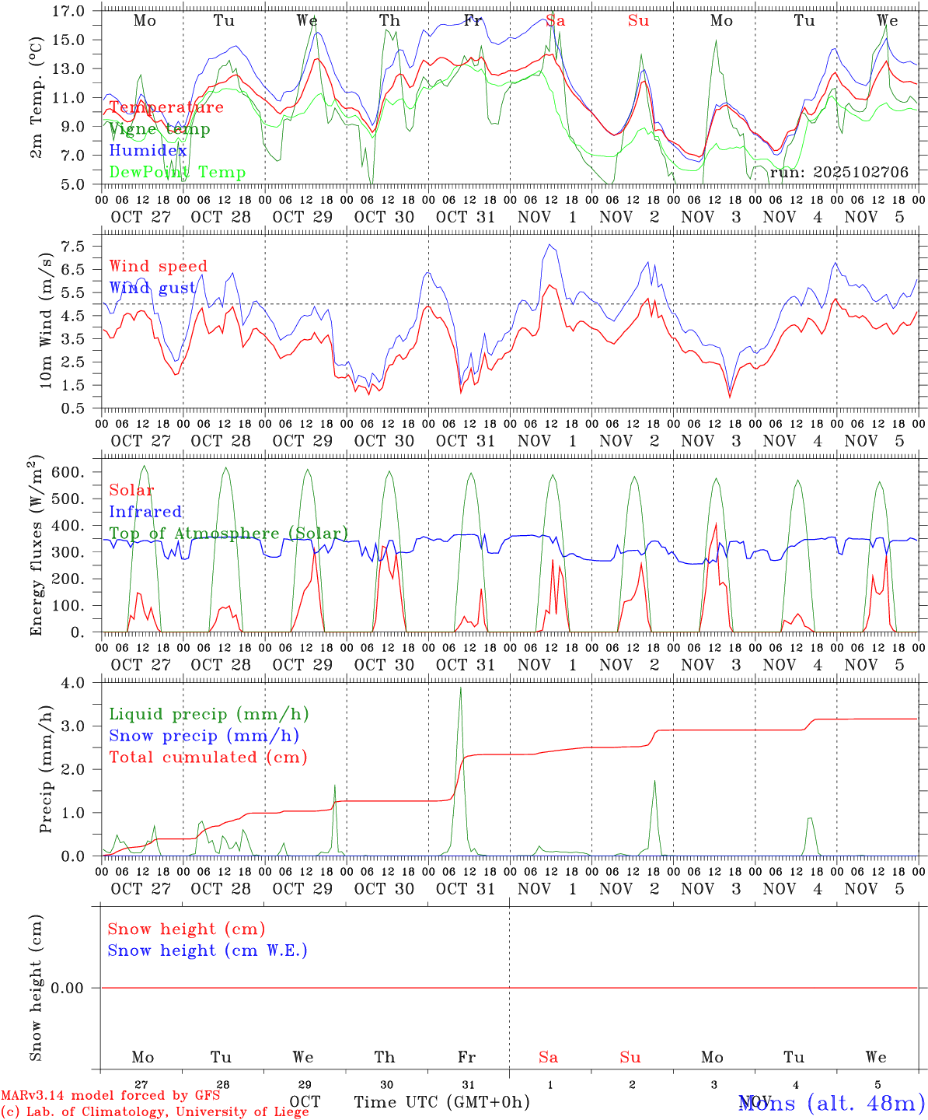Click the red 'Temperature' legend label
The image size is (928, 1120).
point(166,107)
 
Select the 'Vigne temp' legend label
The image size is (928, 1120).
point(159,129)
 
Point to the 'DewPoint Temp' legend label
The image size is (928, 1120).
point(177,172)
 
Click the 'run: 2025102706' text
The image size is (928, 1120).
point(839,172)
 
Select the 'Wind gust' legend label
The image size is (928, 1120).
point(152,288)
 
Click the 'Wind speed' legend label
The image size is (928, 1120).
point(159,266)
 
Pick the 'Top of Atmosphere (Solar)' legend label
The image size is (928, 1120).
point(229,534)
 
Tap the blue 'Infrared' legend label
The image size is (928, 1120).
point(145,512)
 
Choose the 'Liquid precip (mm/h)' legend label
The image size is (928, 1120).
point(209,714)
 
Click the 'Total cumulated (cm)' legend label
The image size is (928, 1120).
point(208,757)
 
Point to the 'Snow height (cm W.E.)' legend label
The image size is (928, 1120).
point(208,950)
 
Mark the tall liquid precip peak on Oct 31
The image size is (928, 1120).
point(461,688)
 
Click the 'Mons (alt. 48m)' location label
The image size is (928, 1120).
point(831,1102)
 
